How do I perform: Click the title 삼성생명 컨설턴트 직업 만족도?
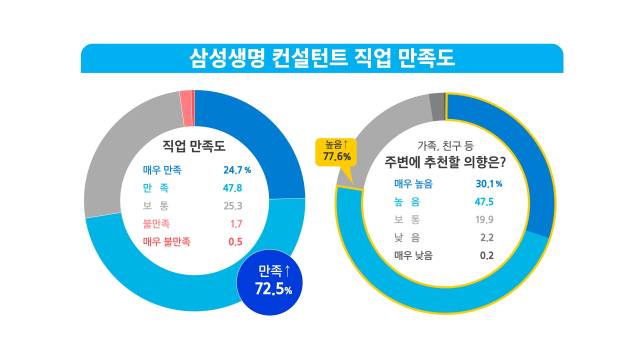pos(321,58)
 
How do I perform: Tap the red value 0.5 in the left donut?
pos(235,242)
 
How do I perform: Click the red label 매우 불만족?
pos(166,242)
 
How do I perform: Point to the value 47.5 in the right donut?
pos(486,201)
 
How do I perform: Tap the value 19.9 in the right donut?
pos(486,219)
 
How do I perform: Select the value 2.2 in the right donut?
pos(487,237)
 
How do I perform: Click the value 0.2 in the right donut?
pos(487,255)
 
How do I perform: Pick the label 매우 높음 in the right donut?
pos(414,183)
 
